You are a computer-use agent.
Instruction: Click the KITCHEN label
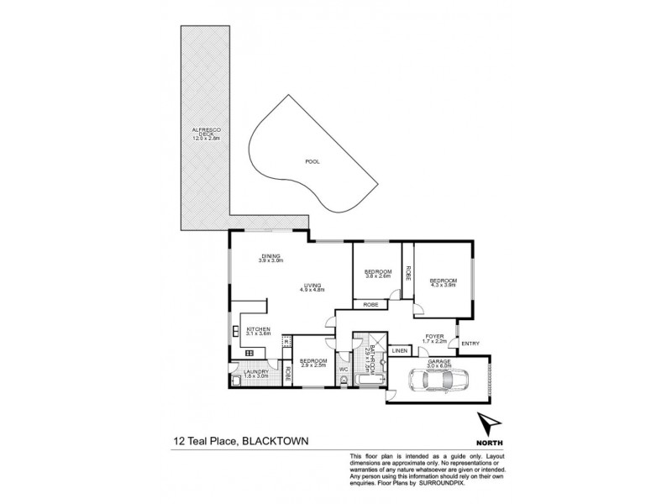tap(258, 330)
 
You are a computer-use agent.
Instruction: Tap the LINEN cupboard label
tap(400, 350)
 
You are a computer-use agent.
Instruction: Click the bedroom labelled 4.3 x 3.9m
tap(443, 282)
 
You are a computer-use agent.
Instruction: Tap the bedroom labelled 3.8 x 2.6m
tap(377, 274)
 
